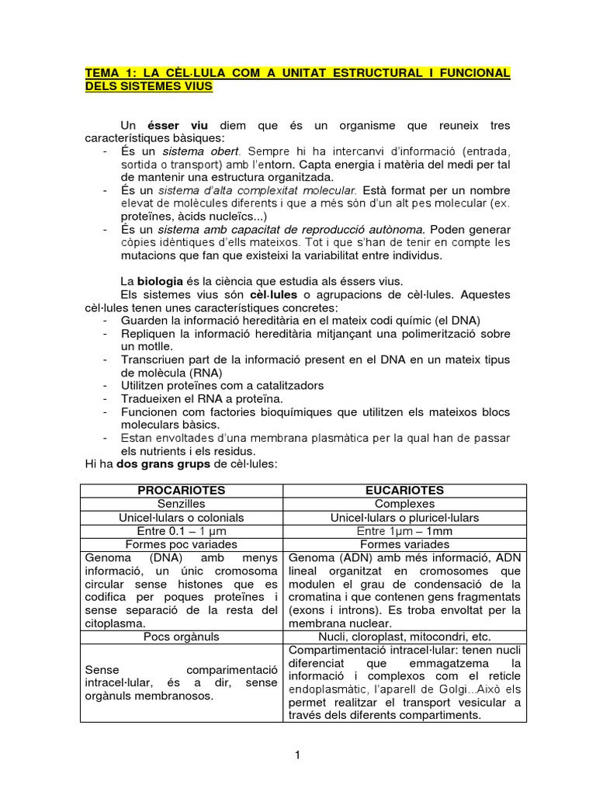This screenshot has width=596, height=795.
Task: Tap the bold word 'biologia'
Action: (164, 280)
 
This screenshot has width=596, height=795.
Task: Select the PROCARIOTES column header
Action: (181, 490)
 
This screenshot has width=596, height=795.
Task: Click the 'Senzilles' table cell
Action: (181, 503)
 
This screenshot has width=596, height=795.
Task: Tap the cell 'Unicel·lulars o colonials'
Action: (181, 517)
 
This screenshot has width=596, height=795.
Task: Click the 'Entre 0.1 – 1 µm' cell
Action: (181, 530)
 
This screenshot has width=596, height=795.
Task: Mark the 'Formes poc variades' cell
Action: (181, 544)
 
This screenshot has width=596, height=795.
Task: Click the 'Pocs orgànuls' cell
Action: (181, 637)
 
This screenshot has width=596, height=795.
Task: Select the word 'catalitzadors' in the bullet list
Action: (286, 385)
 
